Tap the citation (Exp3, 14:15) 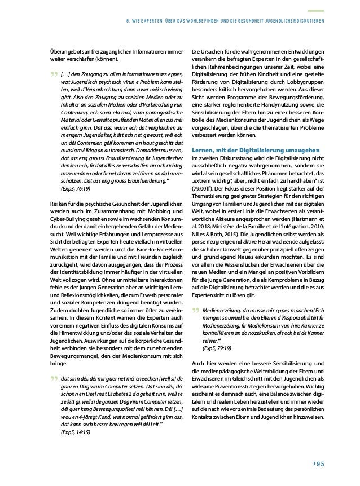67,431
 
